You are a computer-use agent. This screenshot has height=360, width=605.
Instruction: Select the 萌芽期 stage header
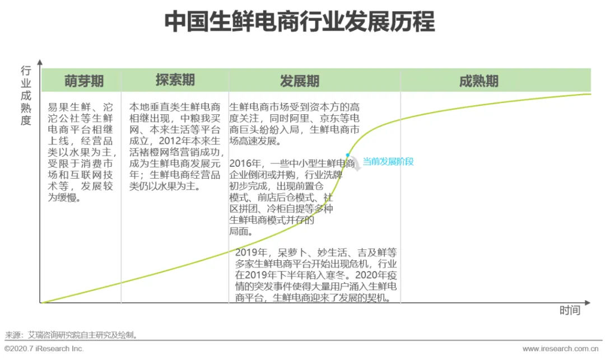[84, 81]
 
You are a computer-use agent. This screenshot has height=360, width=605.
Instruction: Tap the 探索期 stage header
[175, 80]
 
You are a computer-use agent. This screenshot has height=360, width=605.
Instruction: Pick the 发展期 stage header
[300, 81]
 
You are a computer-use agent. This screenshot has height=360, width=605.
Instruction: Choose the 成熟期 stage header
[478, 81]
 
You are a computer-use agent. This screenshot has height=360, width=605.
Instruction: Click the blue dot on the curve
[348, 155]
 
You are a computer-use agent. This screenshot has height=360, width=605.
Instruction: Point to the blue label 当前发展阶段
[388, 162]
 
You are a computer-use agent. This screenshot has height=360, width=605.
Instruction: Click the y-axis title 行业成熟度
[26, 95]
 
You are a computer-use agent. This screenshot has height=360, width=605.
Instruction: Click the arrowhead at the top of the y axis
[40, 63]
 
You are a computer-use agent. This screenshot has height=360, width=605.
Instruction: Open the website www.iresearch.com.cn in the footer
[561, 349]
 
